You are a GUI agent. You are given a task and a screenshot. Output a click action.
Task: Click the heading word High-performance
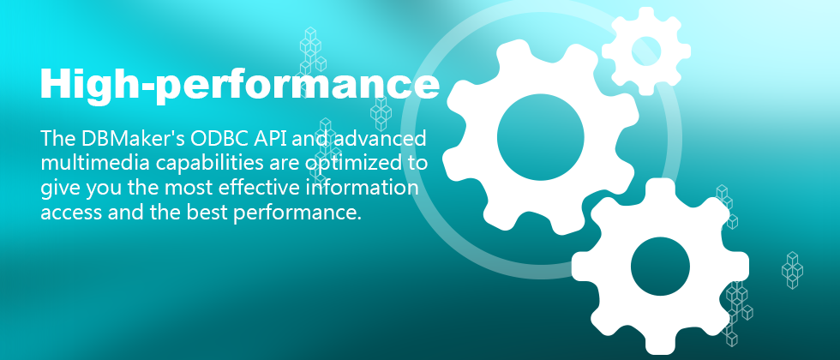(239, 86)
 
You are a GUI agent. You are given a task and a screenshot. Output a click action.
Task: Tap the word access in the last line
(71, 213)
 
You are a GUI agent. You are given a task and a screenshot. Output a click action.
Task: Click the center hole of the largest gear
(540, 137)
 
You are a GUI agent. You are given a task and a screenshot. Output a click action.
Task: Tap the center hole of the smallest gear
(646, 51)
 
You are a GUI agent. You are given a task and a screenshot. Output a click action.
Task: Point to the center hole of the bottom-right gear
(660, 267)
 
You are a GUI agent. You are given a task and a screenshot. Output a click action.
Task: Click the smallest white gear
(646, 51)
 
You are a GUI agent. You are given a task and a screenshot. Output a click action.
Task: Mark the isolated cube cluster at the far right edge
(792, 270)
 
